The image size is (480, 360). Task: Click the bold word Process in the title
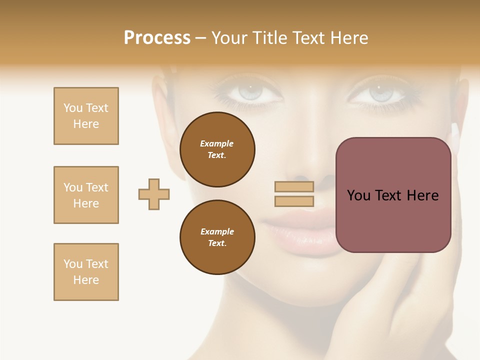coord(157,38)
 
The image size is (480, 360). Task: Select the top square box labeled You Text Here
coord(86,116)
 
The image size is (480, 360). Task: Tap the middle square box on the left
coord(86,195)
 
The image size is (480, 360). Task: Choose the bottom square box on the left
coord(86,272)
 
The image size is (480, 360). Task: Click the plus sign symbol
coord(154,194)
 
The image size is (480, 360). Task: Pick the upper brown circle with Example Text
coord(217,149)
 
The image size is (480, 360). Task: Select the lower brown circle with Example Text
coord(217,237)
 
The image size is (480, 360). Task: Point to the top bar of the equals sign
coord(294,186)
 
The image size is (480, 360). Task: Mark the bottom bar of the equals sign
coord(294,201)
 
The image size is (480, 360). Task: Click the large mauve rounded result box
coord(393,195)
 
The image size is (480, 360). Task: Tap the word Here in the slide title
coord(349,38)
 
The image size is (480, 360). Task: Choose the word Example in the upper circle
coord(217,143)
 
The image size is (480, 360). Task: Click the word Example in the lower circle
coord(217,231)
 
